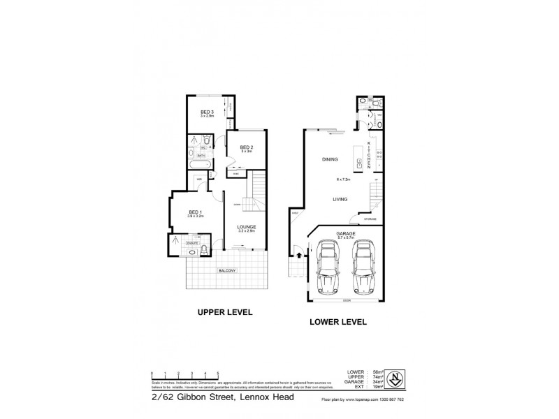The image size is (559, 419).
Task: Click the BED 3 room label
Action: (x=206, y=112)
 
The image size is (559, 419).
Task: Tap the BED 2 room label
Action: (x=245, y=147)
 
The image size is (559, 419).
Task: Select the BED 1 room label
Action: (x=195, y=213)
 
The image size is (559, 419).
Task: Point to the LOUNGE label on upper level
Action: (x=245, y=226)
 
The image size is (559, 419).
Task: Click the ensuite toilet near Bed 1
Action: (x=203, y=249)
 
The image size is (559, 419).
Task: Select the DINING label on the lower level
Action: (x=331, y=160)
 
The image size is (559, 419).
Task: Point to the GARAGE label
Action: (x=346, y=233)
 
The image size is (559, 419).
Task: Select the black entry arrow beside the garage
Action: (x=300, y=257)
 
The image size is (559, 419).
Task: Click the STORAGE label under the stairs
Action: (x=370, y=219)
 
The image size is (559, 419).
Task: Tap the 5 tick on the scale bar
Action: (x=218, y=374)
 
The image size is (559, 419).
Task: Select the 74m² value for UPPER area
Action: (x=377, y=377)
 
